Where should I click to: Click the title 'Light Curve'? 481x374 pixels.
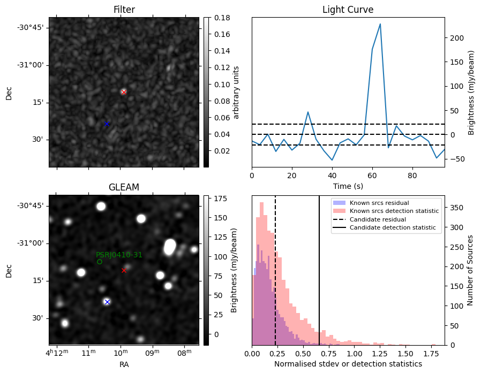(x=348, y=10)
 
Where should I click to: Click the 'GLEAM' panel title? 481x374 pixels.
(x=124, y=187)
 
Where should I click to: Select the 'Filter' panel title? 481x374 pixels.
(x=124, y=10)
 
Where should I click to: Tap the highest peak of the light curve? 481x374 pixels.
(x=380, y=24)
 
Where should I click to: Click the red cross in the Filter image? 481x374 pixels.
(x=124, y=92)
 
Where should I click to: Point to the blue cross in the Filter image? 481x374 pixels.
(x=107, y=124)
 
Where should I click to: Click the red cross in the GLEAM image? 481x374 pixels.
(x=124, y=270)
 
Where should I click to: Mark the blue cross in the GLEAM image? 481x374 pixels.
(x=107, y=302)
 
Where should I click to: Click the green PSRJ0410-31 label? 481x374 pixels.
(x=119, y=255)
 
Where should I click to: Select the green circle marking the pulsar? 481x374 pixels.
(x=100, y=262)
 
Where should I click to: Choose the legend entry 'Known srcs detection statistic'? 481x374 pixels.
(x=394, y=211)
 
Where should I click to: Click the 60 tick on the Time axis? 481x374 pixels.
(x=372, y=175)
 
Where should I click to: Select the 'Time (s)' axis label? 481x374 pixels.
(x=348, y=185)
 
